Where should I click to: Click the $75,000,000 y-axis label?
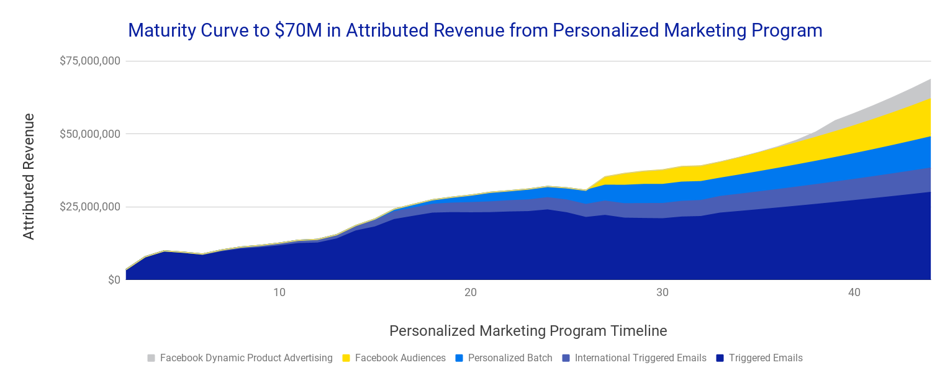click(x=90, y=61)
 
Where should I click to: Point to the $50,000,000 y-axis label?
click(x=90, y=134)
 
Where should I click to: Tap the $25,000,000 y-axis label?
click(x=90, y=207)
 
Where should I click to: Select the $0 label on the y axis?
click(x=114, y=280)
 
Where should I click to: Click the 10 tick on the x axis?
click(x=279, y=292)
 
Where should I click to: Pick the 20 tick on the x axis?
click(x=471, y=292)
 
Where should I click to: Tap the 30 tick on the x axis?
click(x=663, y=292)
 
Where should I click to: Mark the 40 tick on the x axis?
click(x=854, y=292)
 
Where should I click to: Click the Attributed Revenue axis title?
click(x=29, y=176)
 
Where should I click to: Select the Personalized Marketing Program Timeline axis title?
click(x=528, y=331)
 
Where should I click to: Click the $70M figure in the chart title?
click(x=298, y=30)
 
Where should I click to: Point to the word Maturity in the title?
click(x=161, y=30)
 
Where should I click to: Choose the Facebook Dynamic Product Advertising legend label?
click(x=247, y=358)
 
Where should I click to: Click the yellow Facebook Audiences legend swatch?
click(x=346, y=358)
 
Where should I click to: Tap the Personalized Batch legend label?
click(x=510, y=358)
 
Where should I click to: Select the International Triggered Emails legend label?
click(x=640, y=358)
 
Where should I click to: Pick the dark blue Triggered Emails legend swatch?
click(x=720, y=358)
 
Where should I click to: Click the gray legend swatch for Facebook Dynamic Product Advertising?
click(x=151, y=358)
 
